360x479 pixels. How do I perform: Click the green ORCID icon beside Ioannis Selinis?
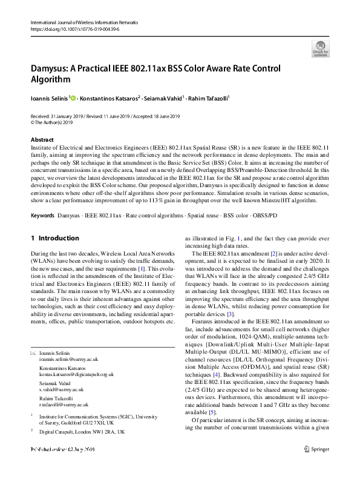[x=73, y=96]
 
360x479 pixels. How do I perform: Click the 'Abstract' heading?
[x=42, y=139]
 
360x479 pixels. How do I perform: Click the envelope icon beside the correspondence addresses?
[x=33, y=352]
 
